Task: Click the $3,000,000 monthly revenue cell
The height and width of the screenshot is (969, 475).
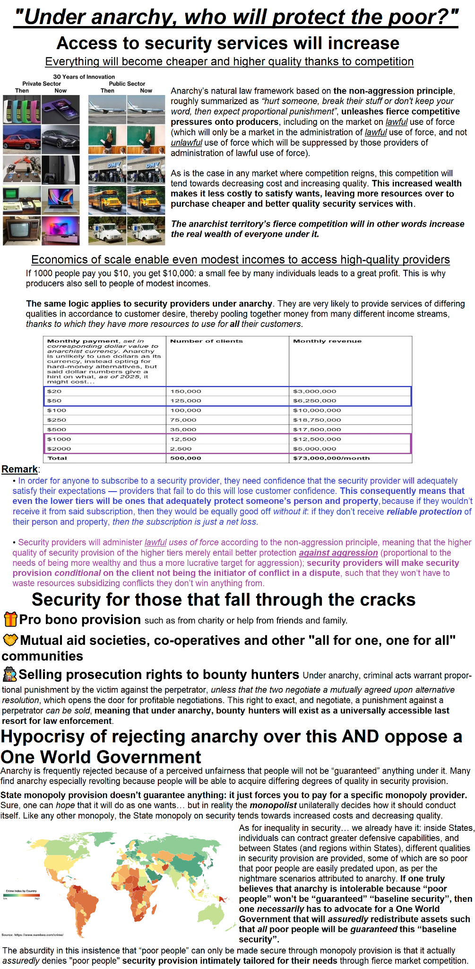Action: tap(314, 391)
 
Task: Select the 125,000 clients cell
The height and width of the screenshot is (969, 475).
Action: tap(186, 401)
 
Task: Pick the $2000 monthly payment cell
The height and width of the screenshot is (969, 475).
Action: tap(59, 449)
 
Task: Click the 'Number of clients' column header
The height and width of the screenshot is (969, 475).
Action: tap(206, 341)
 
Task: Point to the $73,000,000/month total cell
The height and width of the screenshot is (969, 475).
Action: tap(331, 458)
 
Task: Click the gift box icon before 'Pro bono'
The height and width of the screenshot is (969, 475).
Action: tap(10, 619)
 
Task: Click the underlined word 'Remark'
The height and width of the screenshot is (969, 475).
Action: tap(19, 469)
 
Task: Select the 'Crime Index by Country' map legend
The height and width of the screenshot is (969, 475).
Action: tap(21, 894)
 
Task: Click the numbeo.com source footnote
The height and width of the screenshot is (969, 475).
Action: tap(32, 934)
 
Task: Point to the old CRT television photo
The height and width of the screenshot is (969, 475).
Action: tap(22, 230)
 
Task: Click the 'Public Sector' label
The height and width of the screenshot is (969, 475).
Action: tap(127, 84)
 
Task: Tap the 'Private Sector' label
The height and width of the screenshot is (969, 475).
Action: tap(42, 84)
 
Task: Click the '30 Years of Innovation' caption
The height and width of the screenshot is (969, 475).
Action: tap(84, 77)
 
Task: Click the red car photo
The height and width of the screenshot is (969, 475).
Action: tap(22, 139)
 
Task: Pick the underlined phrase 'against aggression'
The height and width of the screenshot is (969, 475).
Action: tap(338, 553)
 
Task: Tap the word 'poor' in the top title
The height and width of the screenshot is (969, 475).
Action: tap(409, 17)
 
